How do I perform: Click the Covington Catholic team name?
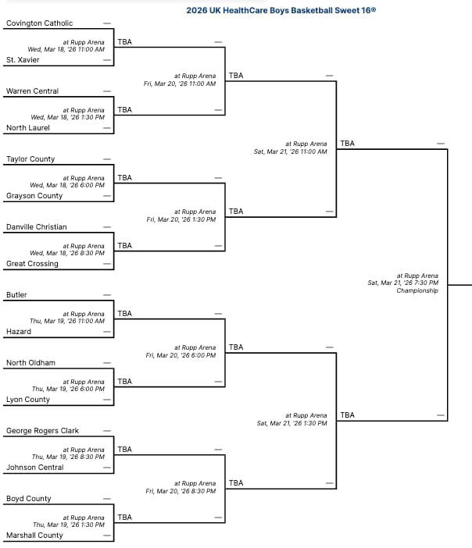(x=39, y=23)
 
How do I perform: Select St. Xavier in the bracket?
(x=23, y=59)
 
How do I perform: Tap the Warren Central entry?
(x=32, y=91)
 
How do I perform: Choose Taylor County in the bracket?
(x=30, y=159)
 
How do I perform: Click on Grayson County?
(x=34, y=196)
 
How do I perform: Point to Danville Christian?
(x=37, y=227)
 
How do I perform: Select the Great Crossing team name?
(x=32, y=264)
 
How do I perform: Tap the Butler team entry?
(x=16, y=295)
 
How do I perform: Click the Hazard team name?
(x=19, y=332)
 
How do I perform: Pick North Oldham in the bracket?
(x=30, y=363)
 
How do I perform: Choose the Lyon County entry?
(x=28, y=400)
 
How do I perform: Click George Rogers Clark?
(x=42, y=431)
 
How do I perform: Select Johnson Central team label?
(x=35, y=468)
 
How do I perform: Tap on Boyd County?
(x=29, y=499)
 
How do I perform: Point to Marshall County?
(x=34, y=536)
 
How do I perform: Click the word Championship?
(x=417, y=290)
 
